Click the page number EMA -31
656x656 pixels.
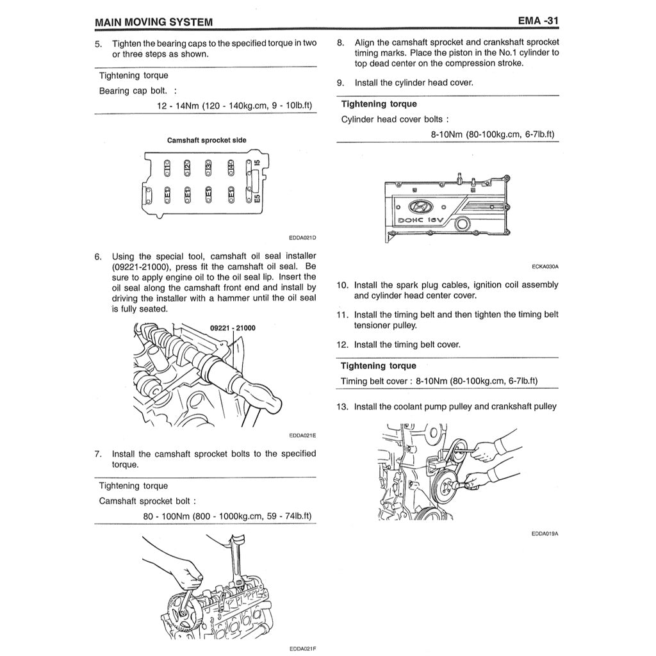point(538,22)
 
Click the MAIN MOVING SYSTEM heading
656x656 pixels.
point(154,22)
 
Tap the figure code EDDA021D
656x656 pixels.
point(302,238)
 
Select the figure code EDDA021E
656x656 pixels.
point(302,436)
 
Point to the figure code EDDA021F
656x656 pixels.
point(302,648)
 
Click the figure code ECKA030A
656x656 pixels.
point(545,266)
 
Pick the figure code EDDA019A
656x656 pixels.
point(545,533)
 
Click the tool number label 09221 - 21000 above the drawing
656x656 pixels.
point(233,328)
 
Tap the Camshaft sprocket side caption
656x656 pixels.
point(206,140)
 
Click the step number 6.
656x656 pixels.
point(98,257)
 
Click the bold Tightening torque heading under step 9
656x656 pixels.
point(379,104)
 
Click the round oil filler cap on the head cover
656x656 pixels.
point(462,224)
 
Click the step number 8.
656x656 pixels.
point(341,43)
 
